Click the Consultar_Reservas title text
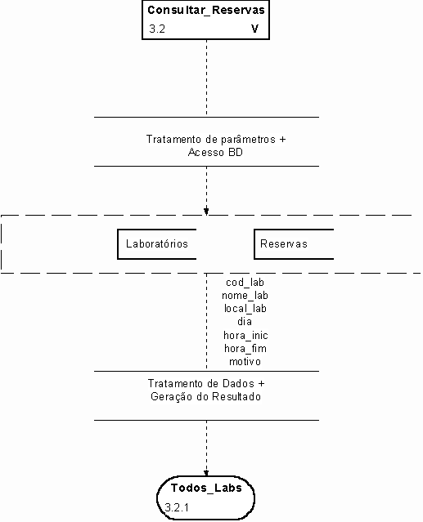(206, 11)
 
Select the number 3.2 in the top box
(157, 29)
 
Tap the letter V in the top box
(254, 29)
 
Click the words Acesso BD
(215, 153)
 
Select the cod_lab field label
(245, 283)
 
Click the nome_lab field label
(245, 296)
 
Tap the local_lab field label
(245, 309)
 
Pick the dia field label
(245, 322)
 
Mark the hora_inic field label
(245, 335)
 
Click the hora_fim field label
(245, 349)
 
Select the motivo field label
(245, 362)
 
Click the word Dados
(238, 383)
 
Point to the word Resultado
(236, 397)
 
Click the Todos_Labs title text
(206, 488)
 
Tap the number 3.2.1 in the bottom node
(177, 507)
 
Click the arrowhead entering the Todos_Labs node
(206, 474)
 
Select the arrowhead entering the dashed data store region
(206, 211)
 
